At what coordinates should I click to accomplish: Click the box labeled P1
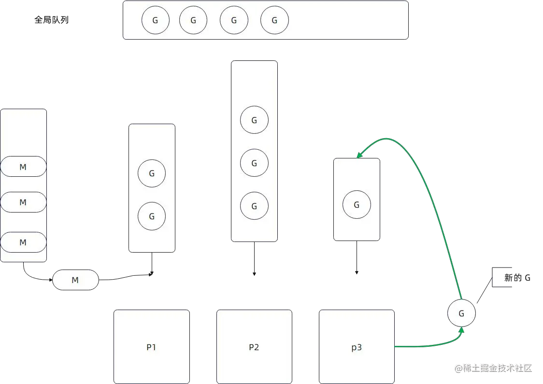pos(151,346)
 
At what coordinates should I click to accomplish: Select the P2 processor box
pos(254,346)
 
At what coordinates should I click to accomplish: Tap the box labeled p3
pos(357,346)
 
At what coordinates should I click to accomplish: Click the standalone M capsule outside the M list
pos(75,280)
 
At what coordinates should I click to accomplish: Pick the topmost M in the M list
pos(23,167)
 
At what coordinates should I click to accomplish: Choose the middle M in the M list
pos(23,202)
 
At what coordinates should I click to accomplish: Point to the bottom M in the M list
pos(23,242)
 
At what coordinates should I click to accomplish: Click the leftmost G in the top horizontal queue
pos(155,20)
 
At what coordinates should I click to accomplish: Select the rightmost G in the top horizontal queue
pos(274,20)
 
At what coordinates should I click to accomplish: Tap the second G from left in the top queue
pos(193,20)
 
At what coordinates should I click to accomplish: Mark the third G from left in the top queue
pos(234,20)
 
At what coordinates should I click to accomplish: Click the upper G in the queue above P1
pos(152,173)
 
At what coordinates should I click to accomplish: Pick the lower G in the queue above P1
pos(152,216)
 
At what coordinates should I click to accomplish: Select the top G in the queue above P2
pos(254,120)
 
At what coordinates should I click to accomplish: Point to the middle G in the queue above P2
pos(254,163)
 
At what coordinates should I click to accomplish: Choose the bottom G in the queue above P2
pos(254,206)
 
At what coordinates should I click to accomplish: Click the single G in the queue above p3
pos(357,205)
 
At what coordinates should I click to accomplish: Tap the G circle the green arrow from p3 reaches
pos(461,313)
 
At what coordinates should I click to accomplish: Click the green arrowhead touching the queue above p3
pos(359,155)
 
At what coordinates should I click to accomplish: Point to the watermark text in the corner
pos(493,368)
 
